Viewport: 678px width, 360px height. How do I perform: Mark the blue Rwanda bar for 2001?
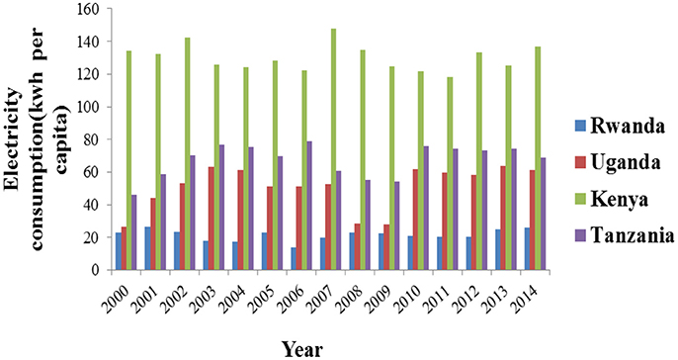click(147, 248)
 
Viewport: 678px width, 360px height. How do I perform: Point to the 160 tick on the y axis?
click(91, 9)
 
